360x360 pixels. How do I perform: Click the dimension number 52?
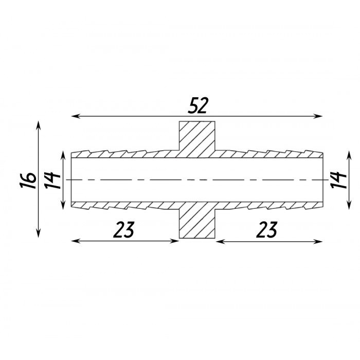pos(197,105)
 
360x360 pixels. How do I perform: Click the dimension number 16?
pos(28,180)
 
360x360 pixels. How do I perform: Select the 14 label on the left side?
pos(52,180)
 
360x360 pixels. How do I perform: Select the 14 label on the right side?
pos(338,180)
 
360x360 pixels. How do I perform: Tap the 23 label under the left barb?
pos(123,229)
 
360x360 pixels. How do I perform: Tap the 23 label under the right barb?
pos(266,229)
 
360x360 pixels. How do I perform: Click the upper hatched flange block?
pos(197,139)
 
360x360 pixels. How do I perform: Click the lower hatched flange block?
pos(197,220)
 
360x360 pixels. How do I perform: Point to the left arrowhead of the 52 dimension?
pos(75,116)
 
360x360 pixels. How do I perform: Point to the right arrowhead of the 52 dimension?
pos(319,116)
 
